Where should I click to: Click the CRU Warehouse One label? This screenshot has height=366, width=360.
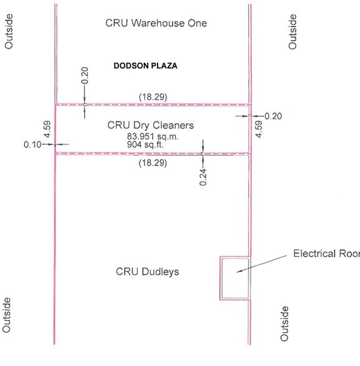[x=156, y=24]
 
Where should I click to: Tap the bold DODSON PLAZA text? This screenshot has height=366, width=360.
[x=146, y=65]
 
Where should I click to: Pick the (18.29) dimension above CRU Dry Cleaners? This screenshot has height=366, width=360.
[x=153, y=96]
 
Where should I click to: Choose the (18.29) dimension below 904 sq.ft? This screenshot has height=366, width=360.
[x=152, y=162]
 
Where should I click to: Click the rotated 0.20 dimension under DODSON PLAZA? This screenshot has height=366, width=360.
[x=85, y=75]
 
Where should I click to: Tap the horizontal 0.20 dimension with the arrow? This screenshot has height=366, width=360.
[x=273, y=116]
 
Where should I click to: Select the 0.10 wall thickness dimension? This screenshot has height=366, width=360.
[x=32, y=144]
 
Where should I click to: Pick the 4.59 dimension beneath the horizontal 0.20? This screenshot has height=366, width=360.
[x=259, y=129]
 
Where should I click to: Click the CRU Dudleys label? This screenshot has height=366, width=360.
[x=148, y=272]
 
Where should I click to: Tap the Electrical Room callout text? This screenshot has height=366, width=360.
[x=326, y=254]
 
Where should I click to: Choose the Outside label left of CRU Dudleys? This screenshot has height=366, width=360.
[x=8, y=323]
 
